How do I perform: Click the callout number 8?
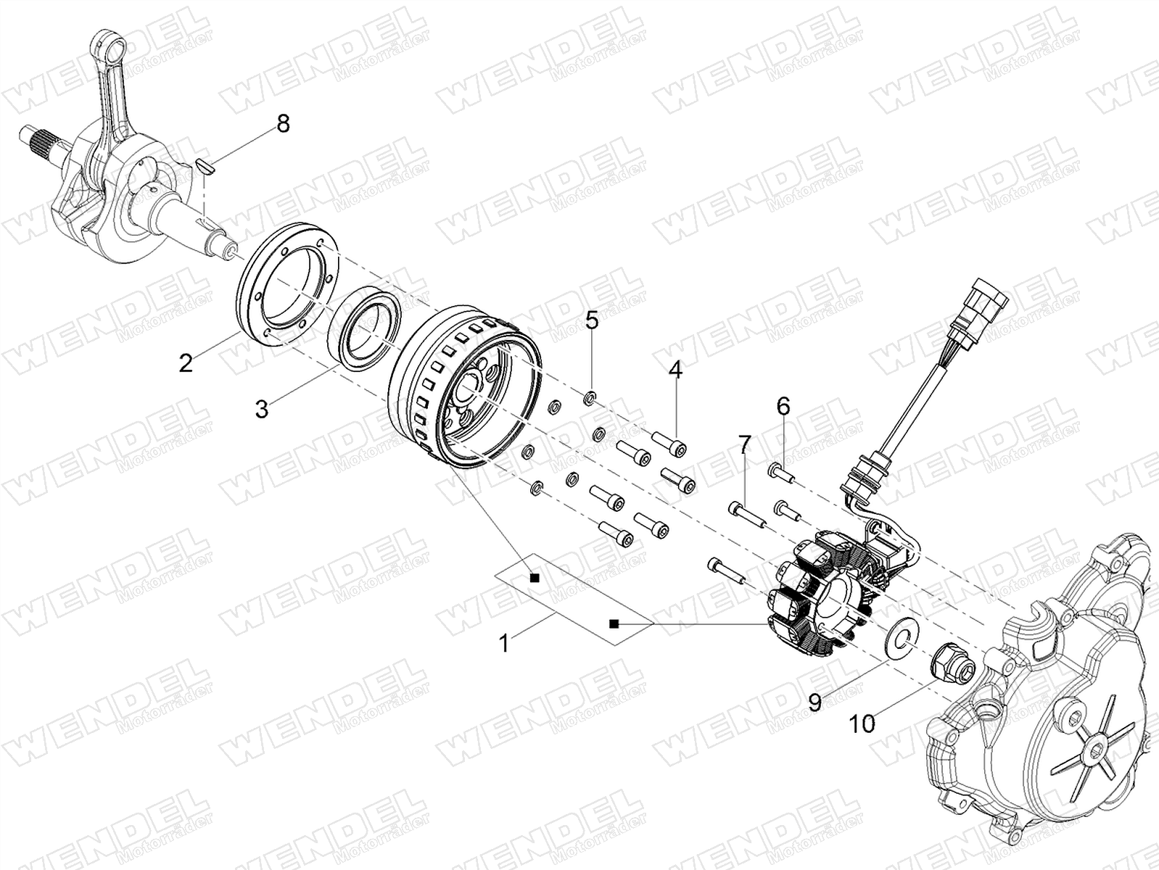[x=283, y=124]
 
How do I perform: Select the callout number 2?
[x=186, y=363]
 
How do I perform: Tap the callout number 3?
[x=262, y=408]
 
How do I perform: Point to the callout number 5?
[x=591, y=320]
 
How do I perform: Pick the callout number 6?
[x=783, y=406]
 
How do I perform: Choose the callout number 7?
[x=744, y=444]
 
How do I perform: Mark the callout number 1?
[x=504, y=643]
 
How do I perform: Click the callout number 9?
[x=815, y=703]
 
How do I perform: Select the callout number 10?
[x=862, y=724]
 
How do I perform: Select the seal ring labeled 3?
[x=364, y=326]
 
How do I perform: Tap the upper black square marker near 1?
[x=535, y=578]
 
